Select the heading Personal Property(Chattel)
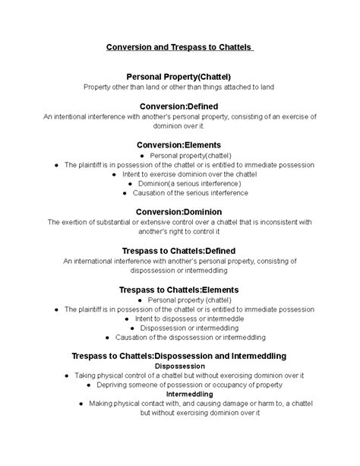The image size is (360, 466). pos(179,77)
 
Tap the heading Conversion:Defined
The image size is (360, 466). pos(179,106)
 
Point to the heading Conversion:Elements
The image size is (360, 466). pos(179,144)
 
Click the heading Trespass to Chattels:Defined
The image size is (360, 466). pos(179,250)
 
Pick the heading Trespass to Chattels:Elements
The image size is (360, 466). pos(179,290)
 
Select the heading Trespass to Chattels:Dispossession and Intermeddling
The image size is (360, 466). pos(179,356)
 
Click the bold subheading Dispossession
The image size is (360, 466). pos(179,366)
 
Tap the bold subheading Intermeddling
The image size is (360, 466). pos(179,395)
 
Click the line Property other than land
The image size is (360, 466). pos(179,87)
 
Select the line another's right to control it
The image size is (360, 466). pos(179,231)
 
